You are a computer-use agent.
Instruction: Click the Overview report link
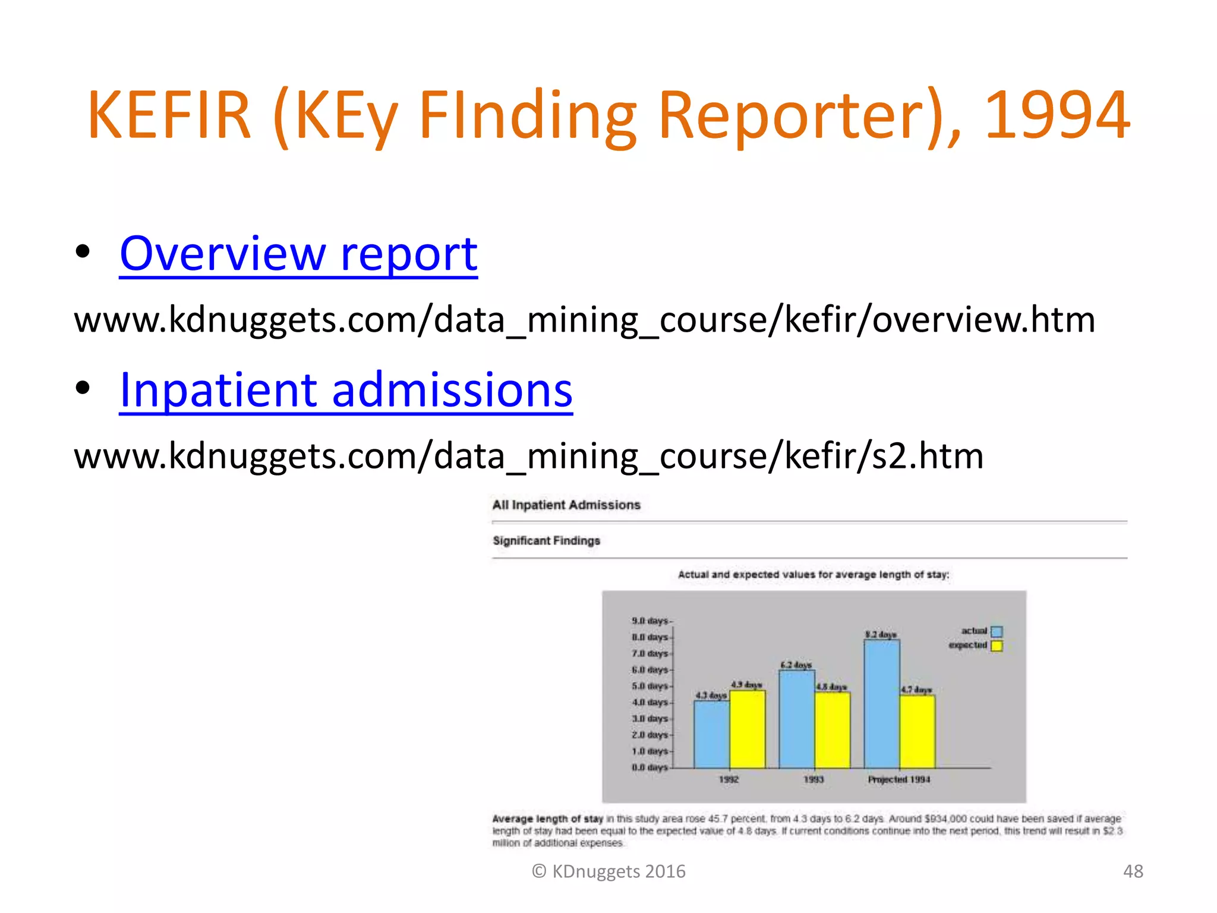[298, 254]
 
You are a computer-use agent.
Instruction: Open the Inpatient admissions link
[346, 391]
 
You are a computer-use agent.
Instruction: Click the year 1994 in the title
[1057, 115]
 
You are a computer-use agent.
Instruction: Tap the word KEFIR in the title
[169, 115]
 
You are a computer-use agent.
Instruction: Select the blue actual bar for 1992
[711, 735]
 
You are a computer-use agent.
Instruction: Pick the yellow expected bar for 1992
[747, 729]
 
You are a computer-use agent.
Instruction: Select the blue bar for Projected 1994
[881, 704]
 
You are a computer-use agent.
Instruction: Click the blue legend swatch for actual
[997, 631]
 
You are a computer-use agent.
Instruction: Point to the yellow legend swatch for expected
[997, 646]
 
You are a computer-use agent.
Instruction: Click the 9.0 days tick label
[650, 621]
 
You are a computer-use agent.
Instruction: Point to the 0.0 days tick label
[650, 767]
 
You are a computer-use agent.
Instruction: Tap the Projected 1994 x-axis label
[898, 779]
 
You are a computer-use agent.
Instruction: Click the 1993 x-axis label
[814, 779]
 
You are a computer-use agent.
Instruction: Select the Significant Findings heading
[546, 541]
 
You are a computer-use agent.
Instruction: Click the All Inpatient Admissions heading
[566, 505]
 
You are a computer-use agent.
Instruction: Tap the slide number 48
[1133, 871]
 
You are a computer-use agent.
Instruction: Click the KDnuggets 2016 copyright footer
[608, 871]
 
